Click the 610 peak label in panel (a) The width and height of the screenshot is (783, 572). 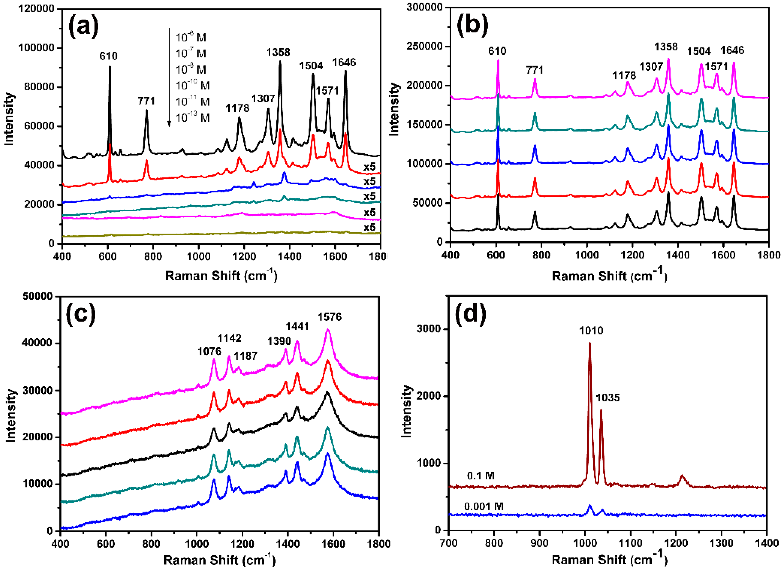coord(108,56)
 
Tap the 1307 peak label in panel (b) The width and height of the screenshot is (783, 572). coord(651,67)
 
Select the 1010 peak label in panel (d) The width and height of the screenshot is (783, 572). coord(591,331)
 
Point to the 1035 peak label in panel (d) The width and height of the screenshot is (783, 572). coord(608,398)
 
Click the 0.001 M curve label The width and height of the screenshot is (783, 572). coord(484,507)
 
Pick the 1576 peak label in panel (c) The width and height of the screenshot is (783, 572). coord(330,317)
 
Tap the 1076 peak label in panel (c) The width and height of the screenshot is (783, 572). coord(209,351)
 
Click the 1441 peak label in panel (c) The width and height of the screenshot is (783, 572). coord(297,326)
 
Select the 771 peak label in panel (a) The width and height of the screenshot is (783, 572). coord(146,101)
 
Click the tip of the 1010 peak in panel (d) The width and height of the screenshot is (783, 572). coord(589,343)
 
